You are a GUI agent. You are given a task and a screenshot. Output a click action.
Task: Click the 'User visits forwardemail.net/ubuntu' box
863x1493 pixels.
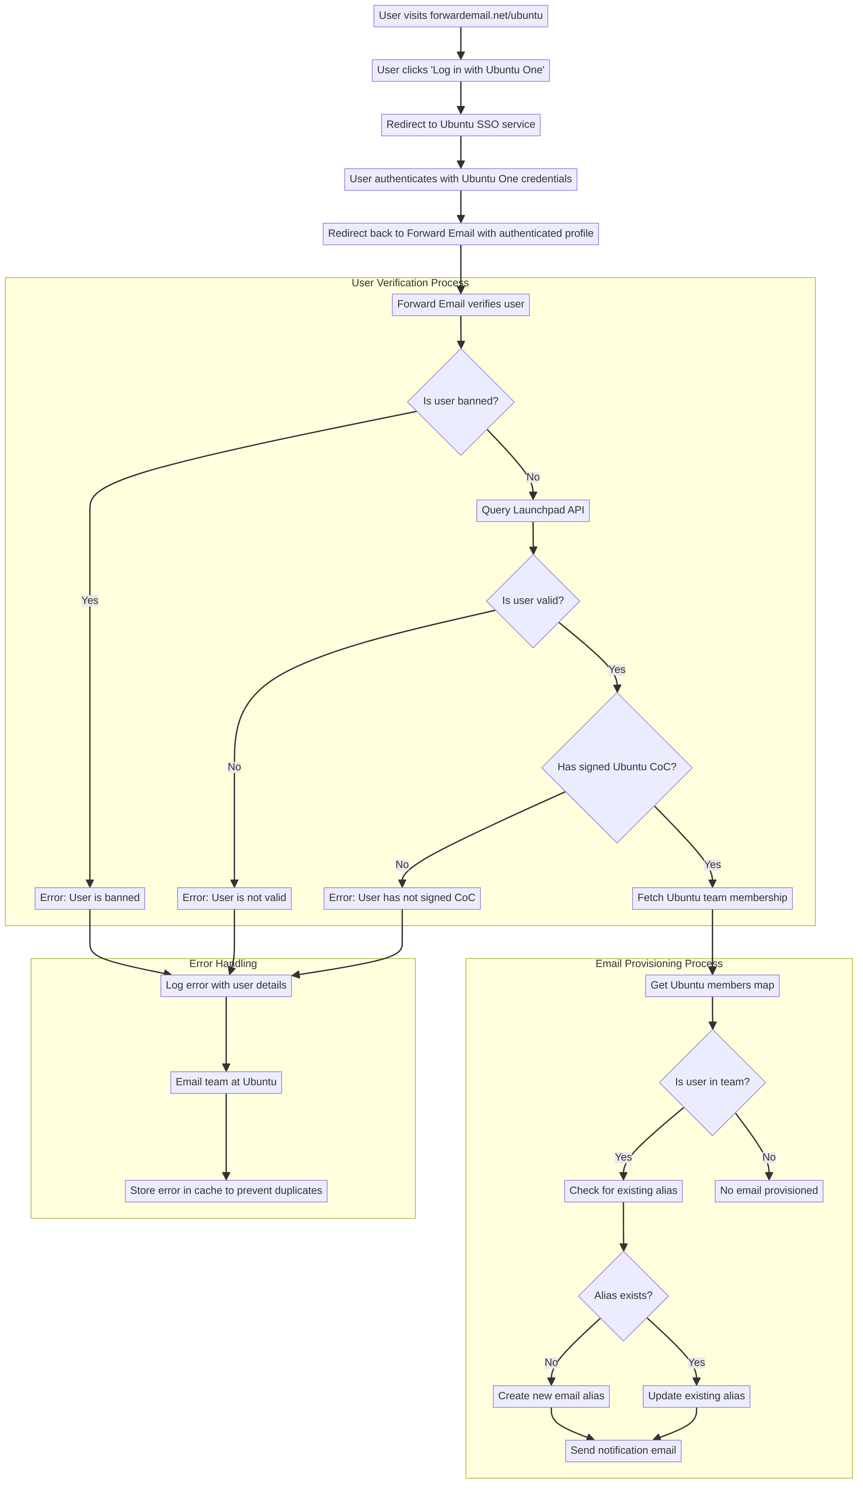pyautogui.click(x=460, y=16)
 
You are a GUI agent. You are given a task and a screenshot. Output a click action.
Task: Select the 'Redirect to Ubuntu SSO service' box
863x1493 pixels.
pyautogui.click(x=460, y=124)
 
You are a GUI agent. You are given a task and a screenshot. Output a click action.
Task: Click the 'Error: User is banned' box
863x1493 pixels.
pyautogui.click(x=89, y=898)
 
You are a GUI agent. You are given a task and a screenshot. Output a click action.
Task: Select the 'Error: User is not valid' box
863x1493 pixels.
pyautogui.click(x=234, y=898)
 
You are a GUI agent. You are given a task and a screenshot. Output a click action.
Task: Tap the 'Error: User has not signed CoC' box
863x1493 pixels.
pyautogui.click(x=401, y=898)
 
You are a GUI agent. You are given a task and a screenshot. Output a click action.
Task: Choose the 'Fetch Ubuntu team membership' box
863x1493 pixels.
pyautogui.click(x=712, y=898)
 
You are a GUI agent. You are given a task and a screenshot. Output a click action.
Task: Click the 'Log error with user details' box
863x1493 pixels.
pyautogui.click(x=226, y=985)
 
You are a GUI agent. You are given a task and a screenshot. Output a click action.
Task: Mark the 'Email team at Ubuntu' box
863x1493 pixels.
pyautogui.click(x=226, y=1082)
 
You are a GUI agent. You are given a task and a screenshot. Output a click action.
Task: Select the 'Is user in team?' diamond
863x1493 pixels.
pyautogui.click(x=712, y=1082)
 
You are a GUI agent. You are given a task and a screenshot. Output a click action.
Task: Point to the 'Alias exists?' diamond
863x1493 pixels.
pyautogui.click(x=623, y=1295)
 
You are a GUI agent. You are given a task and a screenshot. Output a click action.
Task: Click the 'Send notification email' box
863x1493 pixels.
pyautogui.click(x=623, y=1450)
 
